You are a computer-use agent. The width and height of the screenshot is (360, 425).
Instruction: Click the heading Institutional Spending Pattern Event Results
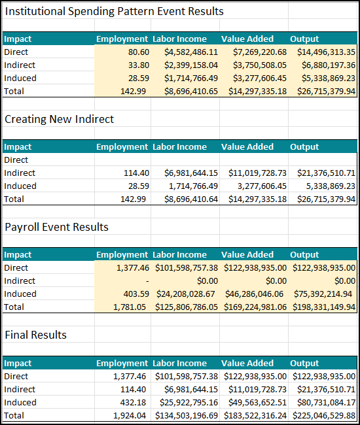point(114,11)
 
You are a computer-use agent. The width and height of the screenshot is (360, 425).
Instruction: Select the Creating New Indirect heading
point(60,119)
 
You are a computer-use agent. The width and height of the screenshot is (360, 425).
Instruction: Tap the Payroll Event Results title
point(57,227)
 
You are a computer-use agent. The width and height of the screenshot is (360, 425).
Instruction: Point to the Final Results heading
point(36,335)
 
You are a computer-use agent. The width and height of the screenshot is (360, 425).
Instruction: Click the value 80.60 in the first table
point(139,52)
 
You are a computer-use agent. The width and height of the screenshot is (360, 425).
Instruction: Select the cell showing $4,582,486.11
point(191,52)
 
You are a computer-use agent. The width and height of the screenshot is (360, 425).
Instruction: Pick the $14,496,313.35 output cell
point(326,52)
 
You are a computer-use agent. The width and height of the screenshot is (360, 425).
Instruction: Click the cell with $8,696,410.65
point(191,92)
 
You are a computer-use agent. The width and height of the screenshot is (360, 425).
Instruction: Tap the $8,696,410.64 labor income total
point(191,199)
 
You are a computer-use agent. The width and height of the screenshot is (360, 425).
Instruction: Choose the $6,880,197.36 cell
point(329,65)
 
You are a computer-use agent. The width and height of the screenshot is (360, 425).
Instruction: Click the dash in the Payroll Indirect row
point(147,281)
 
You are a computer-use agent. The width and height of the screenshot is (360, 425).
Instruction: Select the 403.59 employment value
point(136,294)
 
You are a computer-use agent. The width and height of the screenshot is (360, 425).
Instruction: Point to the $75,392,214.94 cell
point(323,294)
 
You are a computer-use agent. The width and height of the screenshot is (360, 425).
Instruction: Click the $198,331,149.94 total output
point(324,307)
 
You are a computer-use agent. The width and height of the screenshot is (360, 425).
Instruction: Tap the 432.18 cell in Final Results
point(133,403)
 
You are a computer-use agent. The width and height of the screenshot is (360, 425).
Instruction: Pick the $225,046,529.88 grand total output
point(324,415)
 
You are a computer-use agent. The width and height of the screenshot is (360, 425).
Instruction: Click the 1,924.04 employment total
point(130,415)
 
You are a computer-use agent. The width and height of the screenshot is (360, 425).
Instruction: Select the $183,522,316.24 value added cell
point(255,415)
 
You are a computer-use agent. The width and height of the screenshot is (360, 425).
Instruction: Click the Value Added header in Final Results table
point(247,363)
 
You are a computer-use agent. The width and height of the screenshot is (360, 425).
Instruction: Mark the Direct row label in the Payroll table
point(16,268)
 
